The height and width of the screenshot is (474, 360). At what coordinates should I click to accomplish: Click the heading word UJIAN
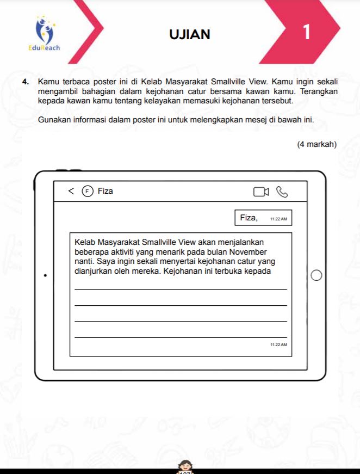tap(189, 34)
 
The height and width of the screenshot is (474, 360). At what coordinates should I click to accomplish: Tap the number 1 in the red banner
tap(307, 33)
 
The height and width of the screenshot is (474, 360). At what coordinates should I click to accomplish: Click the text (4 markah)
tap(317, 144)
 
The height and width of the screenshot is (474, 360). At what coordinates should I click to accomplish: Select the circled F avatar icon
tap(87, 191)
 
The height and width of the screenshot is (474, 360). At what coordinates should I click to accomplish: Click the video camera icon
tap(261, 192)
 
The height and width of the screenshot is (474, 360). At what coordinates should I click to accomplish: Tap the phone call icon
tap(282, 192)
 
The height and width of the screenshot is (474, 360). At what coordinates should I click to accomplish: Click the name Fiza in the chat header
tap(105, 191)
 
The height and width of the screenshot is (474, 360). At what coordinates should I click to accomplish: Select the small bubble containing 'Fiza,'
tap(263, 218)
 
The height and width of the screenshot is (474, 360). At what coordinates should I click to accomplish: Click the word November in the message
tap(247, 252)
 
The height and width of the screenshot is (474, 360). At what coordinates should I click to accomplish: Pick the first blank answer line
tap(180, 289)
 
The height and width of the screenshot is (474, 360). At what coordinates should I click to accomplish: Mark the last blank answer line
tap(180, 337)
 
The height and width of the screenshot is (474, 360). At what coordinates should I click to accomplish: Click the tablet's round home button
tap(316, 276)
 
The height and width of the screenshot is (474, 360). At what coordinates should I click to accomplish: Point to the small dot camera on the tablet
tap(45, 276)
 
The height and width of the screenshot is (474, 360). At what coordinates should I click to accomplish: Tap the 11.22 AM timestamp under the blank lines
tap(278, 345)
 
